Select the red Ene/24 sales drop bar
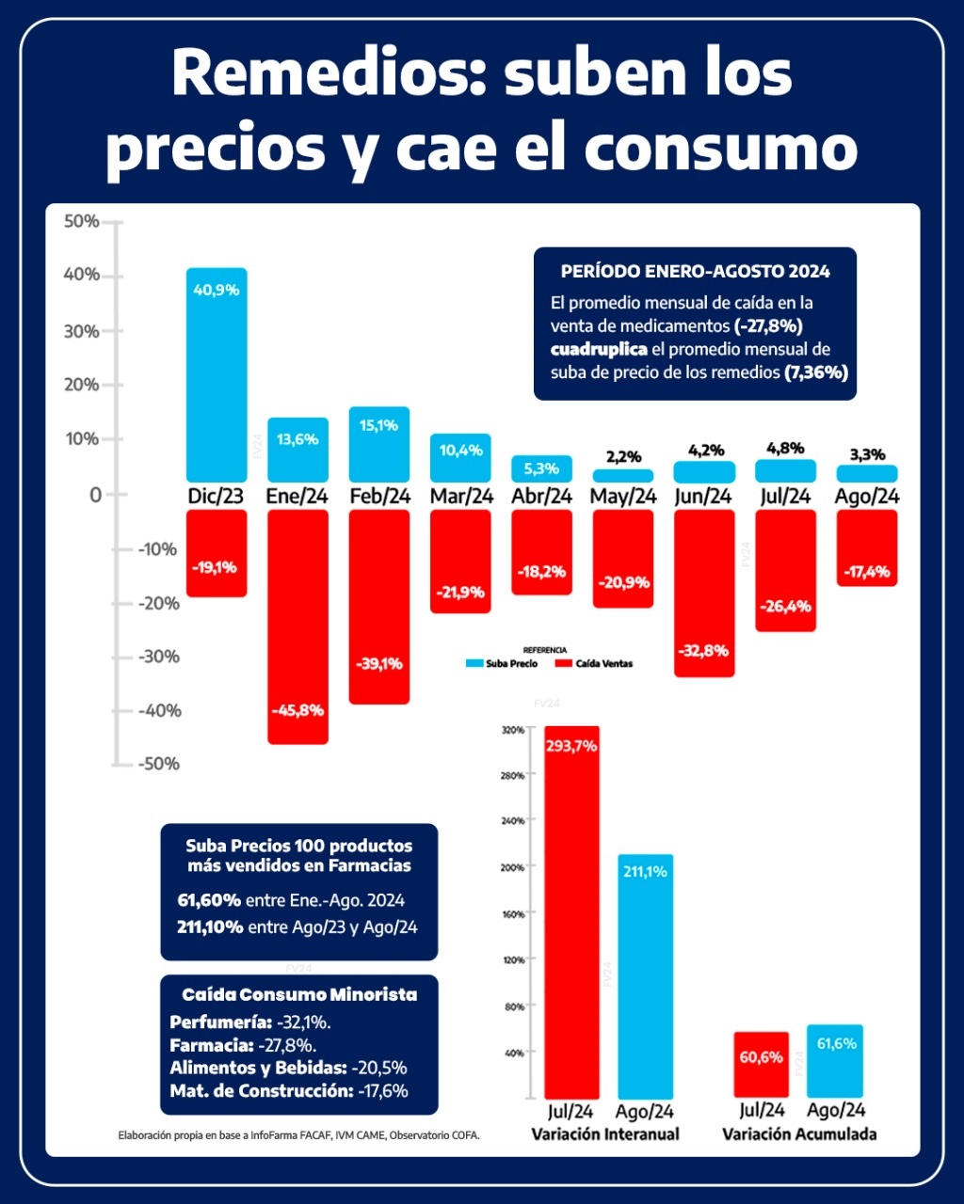[x=297, y=626]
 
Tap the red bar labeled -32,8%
[x=704, y=593]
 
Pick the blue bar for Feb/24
[x=378, y=444]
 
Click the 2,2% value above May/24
[x=622, y=457]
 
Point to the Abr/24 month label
[x=541, y=496]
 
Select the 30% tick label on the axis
[x=81, y=331]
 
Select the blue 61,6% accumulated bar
[x=835, y=1061]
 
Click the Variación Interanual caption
[x=605, y=1134]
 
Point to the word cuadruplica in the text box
[x=599, y=349]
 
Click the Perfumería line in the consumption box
[x=250, y=1022]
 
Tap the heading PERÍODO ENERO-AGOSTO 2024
[x=695, y=271]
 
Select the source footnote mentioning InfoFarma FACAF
[x=299, y=1135]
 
